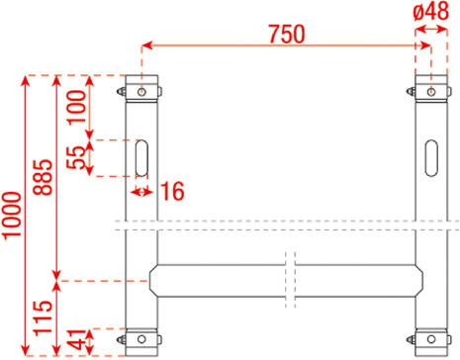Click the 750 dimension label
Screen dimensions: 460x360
287,34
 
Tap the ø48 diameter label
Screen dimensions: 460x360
430,11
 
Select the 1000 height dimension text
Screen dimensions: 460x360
12,216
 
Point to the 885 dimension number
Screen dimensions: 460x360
44,177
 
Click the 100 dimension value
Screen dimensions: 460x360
76,107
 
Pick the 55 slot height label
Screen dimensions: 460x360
76,157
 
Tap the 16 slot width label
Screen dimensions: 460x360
172,191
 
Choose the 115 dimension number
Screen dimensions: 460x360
44,318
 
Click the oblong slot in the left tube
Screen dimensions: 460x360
141,158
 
